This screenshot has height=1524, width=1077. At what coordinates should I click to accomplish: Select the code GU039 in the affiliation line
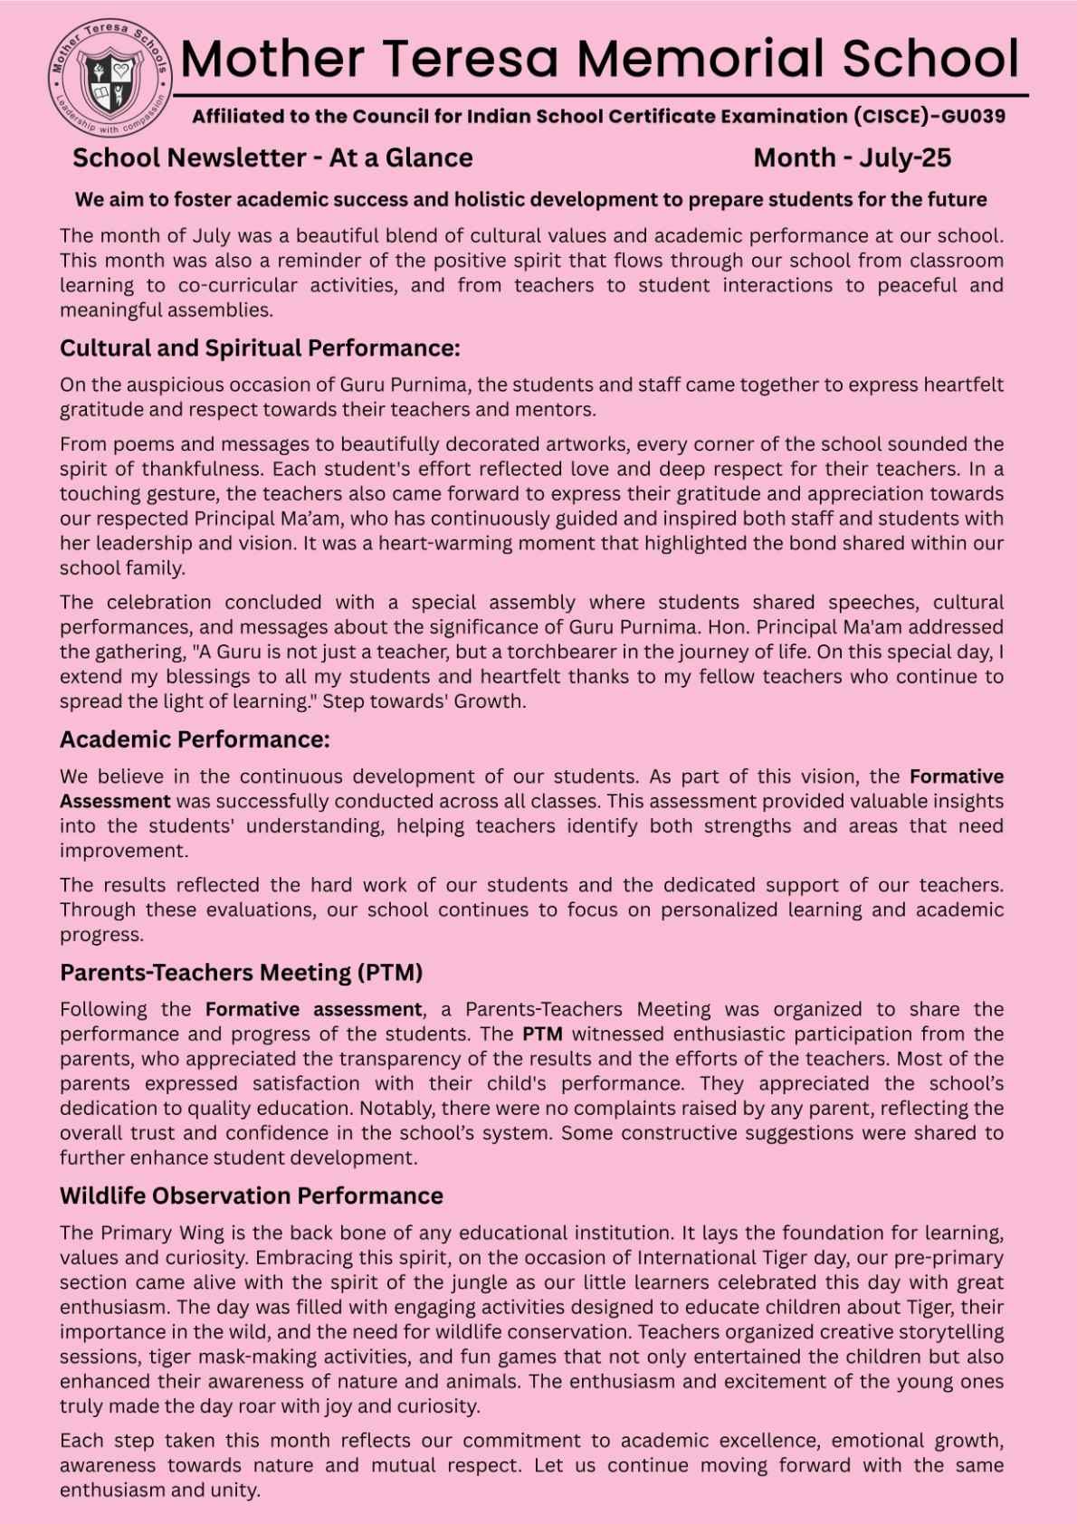click(973, 117)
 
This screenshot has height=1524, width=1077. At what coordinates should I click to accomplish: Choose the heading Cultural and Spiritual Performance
click(260, 348)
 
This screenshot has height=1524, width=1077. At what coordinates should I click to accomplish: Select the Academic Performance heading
click(195, 739)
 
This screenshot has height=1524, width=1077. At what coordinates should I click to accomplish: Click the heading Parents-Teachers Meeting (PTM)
click(241, 972)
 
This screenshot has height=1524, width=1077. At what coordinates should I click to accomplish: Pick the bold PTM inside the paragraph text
click(542, 1033)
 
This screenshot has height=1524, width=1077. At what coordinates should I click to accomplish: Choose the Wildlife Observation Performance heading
click(251, 1195)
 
